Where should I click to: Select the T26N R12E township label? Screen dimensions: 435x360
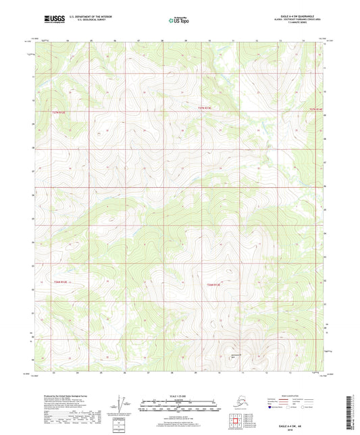(x=61, y=282)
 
